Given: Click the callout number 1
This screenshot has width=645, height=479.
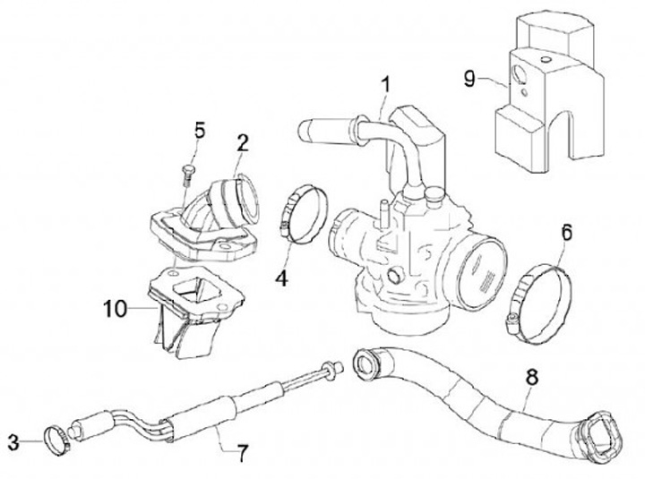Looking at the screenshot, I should (x=384, y=86).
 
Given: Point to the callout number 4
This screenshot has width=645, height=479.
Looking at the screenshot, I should (x=281, y=278).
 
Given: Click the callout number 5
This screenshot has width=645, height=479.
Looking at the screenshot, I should (x=199, y=130).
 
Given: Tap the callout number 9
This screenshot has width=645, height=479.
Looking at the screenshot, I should (x=469, y=79).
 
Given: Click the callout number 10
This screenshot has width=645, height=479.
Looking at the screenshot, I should (x=114, y=309).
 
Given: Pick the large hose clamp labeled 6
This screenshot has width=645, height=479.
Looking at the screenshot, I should (x=542, y=298).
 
